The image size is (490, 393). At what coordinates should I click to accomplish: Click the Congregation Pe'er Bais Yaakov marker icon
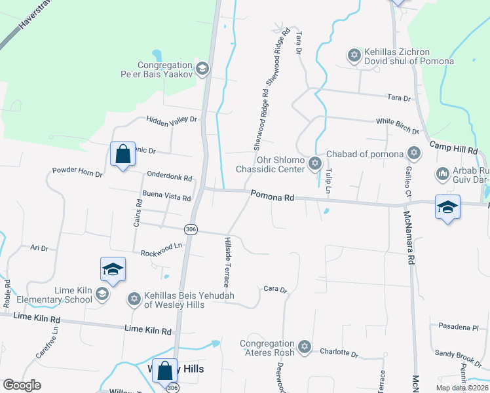[x=202, y=67]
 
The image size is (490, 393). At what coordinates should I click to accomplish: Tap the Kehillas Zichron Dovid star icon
[x=354, y=55]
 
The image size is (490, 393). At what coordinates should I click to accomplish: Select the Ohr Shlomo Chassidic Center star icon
[x=315, y=162]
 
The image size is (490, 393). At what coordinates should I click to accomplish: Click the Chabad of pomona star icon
[x=413, y=153]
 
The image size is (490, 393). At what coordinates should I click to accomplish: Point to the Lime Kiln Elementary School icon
[x=102, y=293]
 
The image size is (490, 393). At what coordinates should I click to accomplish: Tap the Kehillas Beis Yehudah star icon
[x=134, y=299]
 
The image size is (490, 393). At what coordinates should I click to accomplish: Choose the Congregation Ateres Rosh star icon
[x=304, y=346]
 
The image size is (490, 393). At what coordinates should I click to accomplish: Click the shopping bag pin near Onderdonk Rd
[x=122, y=155]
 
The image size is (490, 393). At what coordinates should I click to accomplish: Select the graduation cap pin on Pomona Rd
[x=447, y=208]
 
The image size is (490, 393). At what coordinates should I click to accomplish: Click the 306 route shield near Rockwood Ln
[x=191, y=229]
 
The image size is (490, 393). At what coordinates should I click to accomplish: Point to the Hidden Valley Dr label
[x=172, y=120]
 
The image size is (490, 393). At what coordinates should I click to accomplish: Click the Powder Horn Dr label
[x=77, y=174]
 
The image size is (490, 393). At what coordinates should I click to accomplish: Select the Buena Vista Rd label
[x=166, y=196]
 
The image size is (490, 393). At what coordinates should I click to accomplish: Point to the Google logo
[x=22, y=385]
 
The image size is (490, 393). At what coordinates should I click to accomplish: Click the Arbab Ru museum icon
[x=442, y=174]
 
